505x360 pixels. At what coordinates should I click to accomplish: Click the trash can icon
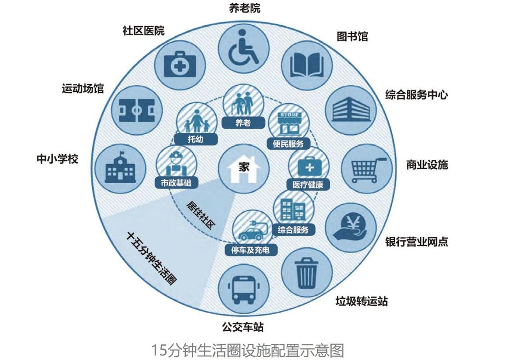pos(307,271)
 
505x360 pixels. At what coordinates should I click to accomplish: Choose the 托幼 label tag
pos(195,139)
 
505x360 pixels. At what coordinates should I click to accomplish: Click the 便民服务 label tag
pos(289,144)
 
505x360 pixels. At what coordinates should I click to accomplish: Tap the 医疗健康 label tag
pos(308,184)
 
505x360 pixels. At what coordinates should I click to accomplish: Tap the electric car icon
pos(251,230)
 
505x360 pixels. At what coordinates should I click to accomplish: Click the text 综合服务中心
pos(416,95)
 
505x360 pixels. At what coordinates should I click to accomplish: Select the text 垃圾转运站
pos(361,301)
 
